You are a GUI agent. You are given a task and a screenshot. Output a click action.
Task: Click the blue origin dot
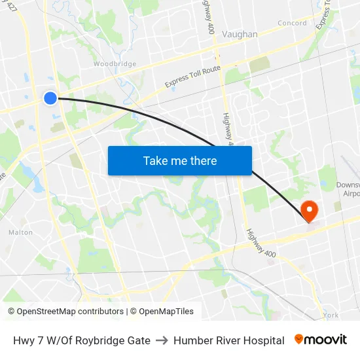point(50,98)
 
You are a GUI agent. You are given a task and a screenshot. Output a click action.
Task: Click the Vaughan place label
point(240,34)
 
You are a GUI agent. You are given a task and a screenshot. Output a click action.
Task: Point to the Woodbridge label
point(115,64)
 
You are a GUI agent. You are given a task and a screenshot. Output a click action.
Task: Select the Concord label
point(292,23)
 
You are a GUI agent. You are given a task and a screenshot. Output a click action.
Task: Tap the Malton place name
point(20,232)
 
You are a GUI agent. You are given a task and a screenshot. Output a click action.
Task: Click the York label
point(331,315)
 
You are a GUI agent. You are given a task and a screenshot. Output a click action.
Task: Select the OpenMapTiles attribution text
point(166,312)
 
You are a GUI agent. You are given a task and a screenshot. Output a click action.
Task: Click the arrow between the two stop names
point(162,340)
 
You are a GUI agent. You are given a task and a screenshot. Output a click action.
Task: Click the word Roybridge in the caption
point(104,340)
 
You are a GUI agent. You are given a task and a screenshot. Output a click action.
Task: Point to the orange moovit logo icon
point(299,339)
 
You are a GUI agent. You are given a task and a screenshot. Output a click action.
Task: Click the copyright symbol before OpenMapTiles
point(134,312)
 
